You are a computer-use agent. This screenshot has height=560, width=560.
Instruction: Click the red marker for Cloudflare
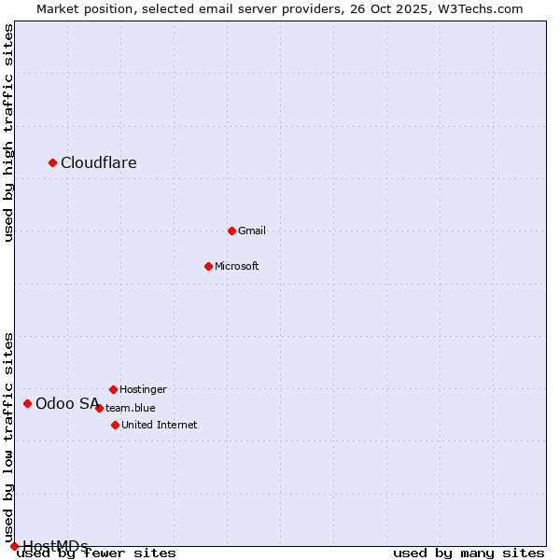[x=53, y=163]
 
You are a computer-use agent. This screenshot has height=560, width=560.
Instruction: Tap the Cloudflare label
[x=99, y=163]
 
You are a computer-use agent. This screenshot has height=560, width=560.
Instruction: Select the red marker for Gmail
[x=232, y=231]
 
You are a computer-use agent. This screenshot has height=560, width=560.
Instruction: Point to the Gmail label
[x=252, y=231]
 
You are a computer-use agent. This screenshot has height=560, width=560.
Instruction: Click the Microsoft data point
[x=208, y=266]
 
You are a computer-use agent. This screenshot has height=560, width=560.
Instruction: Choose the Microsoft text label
[x=237, y=266]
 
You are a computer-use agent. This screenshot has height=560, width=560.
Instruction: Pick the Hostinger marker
[x=113, y=389]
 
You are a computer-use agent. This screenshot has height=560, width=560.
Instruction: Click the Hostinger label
[x=143, y=389]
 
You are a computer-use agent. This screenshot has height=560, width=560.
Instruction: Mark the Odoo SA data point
[x=28, y=403]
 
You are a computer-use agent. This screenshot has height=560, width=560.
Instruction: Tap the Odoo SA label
[x=67, y=403]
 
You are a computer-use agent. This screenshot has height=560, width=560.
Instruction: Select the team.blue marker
[x=99, y=408]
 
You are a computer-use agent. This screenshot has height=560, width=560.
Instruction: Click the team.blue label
[x=131, y=408]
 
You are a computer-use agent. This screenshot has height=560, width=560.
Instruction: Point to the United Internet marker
[x=115, y=425]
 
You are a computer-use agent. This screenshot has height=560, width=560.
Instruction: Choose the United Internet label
[x=160, y=425]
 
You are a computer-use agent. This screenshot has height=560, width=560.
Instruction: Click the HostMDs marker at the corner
[x=14, y=546]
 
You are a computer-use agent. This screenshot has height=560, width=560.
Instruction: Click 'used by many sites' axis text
[x=469, y=553]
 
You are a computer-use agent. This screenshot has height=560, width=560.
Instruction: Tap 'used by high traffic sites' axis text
[x=8, y=133]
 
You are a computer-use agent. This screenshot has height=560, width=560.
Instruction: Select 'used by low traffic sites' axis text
[x=8, y=439]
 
